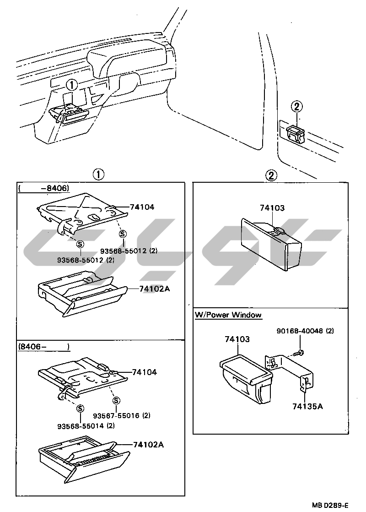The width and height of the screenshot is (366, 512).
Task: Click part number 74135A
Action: [307, 406]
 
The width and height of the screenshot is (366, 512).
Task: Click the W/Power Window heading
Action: [228, 315]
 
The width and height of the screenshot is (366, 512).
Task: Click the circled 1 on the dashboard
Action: [72, 85]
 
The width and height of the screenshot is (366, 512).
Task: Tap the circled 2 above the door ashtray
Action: [296, 107]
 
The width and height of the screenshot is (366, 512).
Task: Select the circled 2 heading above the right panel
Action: [271, 175]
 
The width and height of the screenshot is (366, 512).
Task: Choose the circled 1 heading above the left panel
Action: [98, 174]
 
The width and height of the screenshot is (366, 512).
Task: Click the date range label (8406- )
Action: [44, 347]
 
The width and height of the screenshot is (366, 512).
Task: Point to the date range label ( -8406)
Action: [43, 188]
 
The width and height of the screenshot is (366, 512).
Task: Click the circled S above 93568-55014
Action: [81, 409]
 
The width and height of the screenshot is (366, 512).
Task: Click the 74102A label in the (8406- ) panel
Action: [149, 444]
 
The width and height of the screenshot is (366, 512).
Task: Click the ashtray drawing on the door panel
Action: [295, 133]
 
